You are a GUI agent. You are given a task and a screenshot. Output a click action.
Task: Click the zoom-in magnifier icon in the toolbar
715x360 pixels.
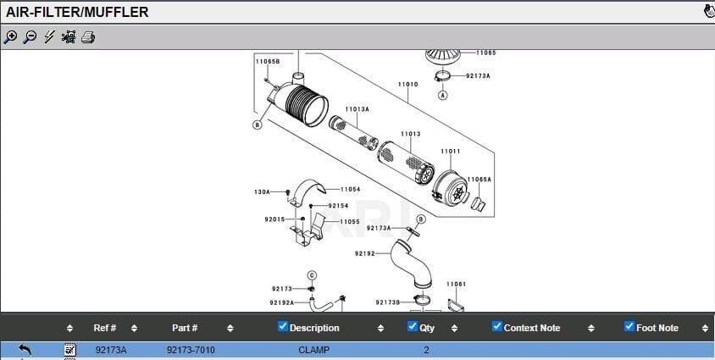click(10, 37)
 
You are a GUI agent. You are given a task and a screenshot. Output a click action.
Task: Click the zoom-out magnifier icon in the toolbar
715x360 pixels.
click(30, 37)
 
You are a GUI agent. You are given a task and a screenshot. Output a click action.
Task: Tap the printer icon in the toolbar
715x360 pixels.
click(88, 37)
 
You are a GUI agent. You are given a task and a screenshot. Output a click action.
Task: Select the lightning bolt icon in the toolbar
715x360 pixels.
click(49, 37)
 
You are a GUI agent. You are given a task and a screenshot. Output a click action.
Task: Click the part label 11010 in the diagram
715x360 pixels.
click(407, 85)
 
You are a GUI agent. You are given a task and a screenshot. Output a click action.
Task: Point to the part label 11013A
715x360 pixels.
click(357, 109)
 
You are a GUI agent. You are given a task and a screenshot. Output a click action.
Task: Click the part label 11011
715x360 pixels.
click(450, 152)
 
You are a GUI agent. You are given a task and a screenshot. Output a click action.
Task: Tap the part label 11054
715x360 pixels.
click(350, 189)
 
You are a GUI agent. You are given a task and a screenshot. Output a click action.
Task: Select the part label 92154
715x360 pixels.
click(338, 206)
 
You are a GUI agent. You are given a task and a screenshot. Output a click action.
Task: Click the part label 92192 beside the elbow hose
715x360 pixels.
click(365, 253)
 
